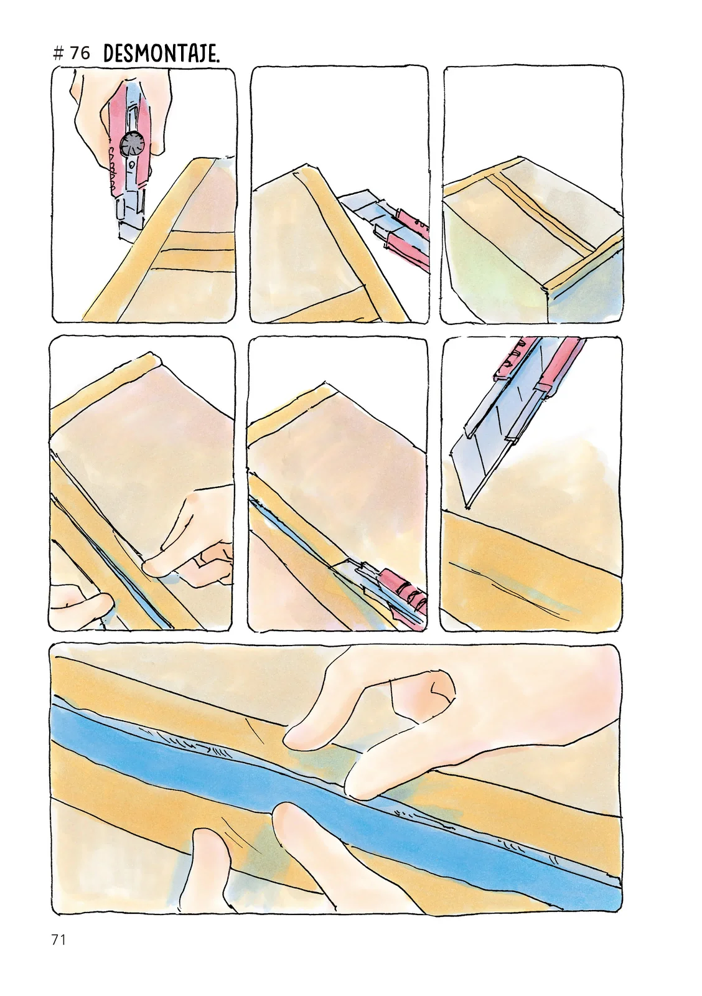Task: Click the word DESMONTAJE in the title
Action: click(x=161, y=54)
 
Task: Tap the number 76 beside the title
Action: click(x=79, y=54)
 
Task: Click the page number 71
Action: click(x=58, y=939)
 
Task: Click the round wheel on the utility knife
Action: click(x=133, y=145)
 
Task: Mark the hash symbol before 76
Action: click(x=60, y=54)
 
